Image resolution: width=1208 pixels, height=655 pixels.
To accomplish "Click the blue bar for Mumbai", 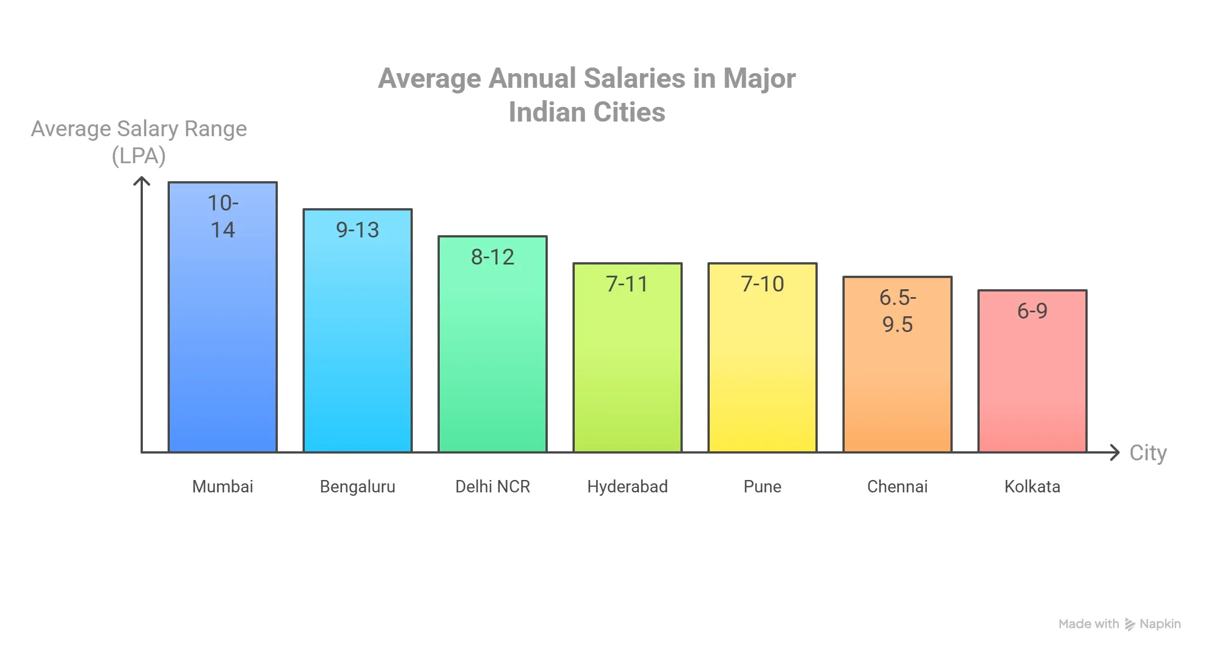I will pyautogui.click(x=223, y=338).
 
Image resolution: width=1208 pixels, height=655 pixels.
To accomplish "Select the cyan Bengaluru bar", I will pyautogui.click(x=358, y=349).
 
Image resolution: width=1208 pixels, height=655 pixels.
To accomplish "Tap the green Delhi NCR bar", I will pyautogui.click(x=493, y=360).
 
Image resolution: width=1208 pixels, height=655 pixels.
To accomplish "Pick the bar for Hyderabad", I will pyautogui.click(x=628, y=371).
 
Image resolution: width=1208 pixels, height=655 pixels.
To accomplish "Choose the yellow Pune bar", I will pyautogui.click(x=763, y=371).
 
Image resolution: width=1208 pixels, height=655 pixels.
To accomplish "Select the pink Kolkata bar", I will pyautogui.click(x=1033, y=388).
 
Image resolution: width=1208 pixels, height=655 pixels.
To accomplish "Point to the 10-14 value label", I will pyautogui.click(x=223, y=217).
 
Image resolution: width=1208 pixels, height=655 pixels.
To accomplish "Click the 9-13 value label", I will pyautogui.click(x=358, y=230).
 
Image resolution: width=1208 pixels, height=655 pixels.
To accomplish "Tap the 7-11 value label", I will pyautogui.click(x=628, y=284).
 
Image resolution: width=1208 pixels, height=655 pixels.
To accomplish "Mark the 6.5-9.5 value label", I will pyautogui.click(x=898, y=311).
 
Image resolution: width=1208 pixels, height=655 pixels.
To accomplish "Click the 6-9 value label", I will pyautogui.click(x=1033, y=311).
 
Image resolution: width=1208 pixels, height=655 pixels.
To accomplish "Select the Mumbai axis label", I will pyautogui.click(x=223, y=487).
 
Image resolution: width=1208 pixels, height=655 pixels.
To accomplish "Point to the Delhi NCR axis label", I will pyautogui.click(x=493, y=487).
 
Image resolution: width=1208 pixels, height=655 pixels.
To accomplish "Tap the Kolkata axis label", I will pyautogui.click(x=1033, y=487).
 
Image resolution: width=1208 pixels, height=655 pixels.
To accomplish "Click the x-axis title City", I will pyautogui.click(x=1148, y=453).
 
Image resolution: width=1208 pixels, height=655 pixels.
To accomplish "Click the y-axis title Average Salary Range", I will pyautogui.click(x=139, y=129).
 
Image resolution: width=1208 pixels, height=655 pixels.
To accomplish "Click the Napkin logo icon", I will pyautogui.click(x=1130, y=624).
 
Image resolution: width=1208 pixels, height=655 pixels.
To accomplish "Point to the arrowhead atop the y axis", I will pyautogui.click(x=142, y=181).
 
